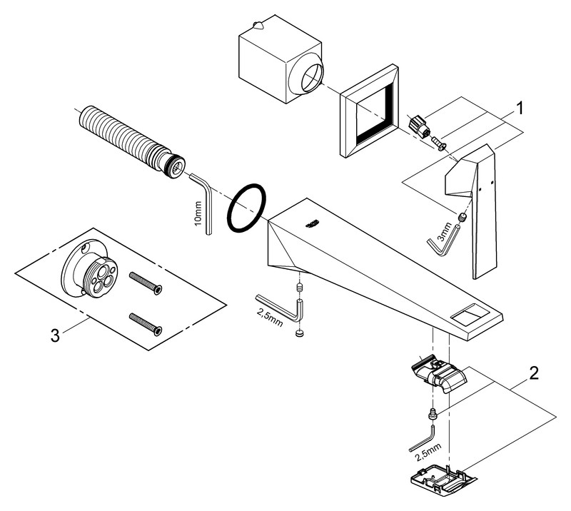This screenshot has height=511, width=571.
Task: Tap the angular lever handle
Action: tap(475, 207)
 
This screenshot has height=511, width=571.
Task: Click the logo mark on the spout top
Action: tap(310, 224)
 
